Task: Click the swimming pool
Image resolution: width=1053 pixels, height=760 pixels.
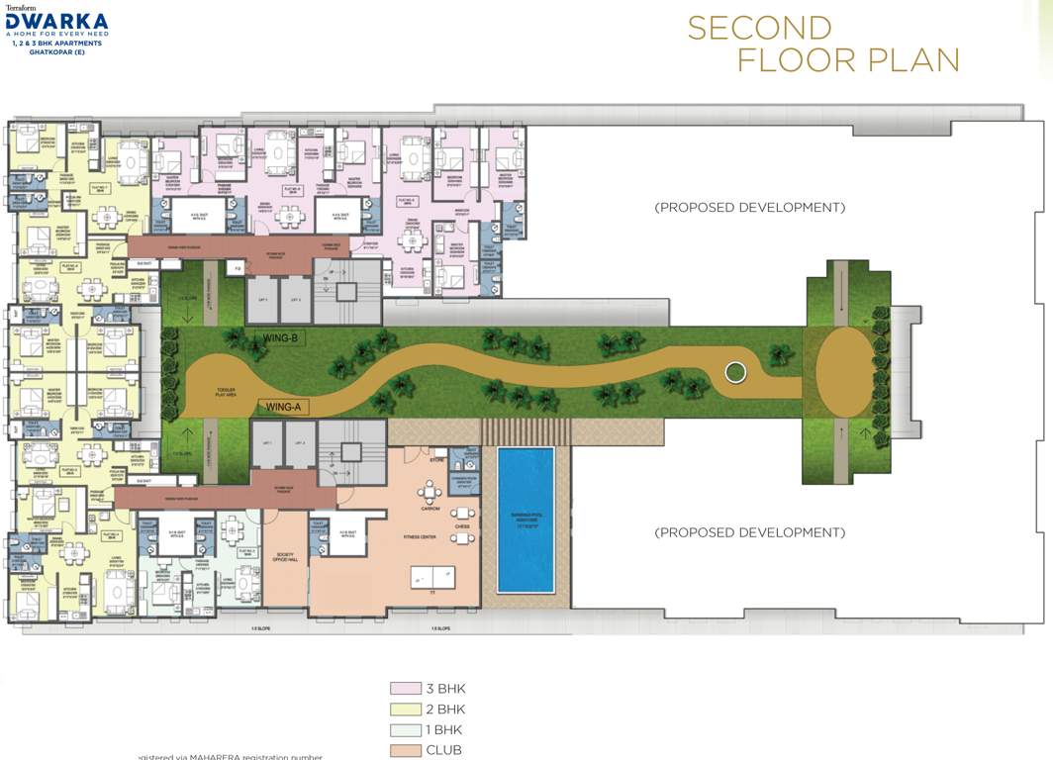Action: pyautogui.click(x=526, y=520)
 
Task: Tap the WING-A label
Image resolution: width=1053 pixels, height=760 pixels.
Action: pyautogui.click(x=281, y=406)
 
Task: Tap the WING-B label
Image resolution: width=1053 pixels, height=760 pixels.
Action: pyautogui.click(x=281, y=338)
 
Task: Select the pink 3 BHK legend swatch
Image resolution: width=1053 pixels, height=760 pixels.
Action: pyautogui.click(x=403, y=689)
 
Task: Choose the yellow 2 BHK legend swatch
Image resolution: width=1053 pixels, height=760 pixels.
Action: pyautogui.click(x=403, y=710)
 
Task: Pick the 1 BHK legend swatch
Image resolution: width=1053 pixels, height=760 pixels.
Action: pyautogui.click(x=403, y=730)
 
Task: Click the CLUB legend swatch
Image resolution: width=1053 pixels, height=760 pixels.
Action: pyautogui.click(x=403, y=750)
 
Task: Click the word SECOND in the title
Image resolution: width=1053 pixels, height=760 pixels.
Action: pyautogui.click(x=760, y=28)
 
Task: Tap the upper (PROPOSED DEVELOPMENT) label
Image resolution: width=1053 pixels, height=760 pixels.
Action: pyautogui.click(x=750, y=208)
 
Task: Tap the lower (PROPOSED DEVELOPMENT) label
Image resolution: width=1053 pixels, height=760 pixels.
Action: pyautogui.click(x=750, y=532)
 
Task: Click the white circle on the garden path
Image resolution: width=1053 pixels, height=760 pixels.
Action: pyautogui.click(x=734, y=373)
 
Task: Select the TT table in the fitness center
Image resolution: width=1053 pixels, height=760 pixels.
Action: pyautogui.click(x=433, y=576)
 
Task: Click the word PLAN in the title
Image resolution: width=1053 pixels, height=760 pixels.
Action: pyautogui.click(x=912, y=60)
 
